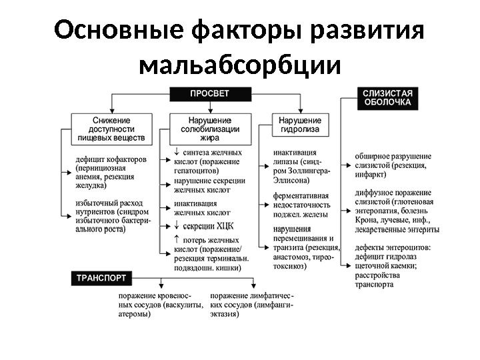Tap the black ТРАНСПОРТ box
click(101, 276)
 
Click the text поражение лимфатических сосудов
click(251, 304)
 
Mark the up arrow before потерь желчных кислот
click(177, 239)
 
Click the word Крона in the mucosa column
click(367, 219)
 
